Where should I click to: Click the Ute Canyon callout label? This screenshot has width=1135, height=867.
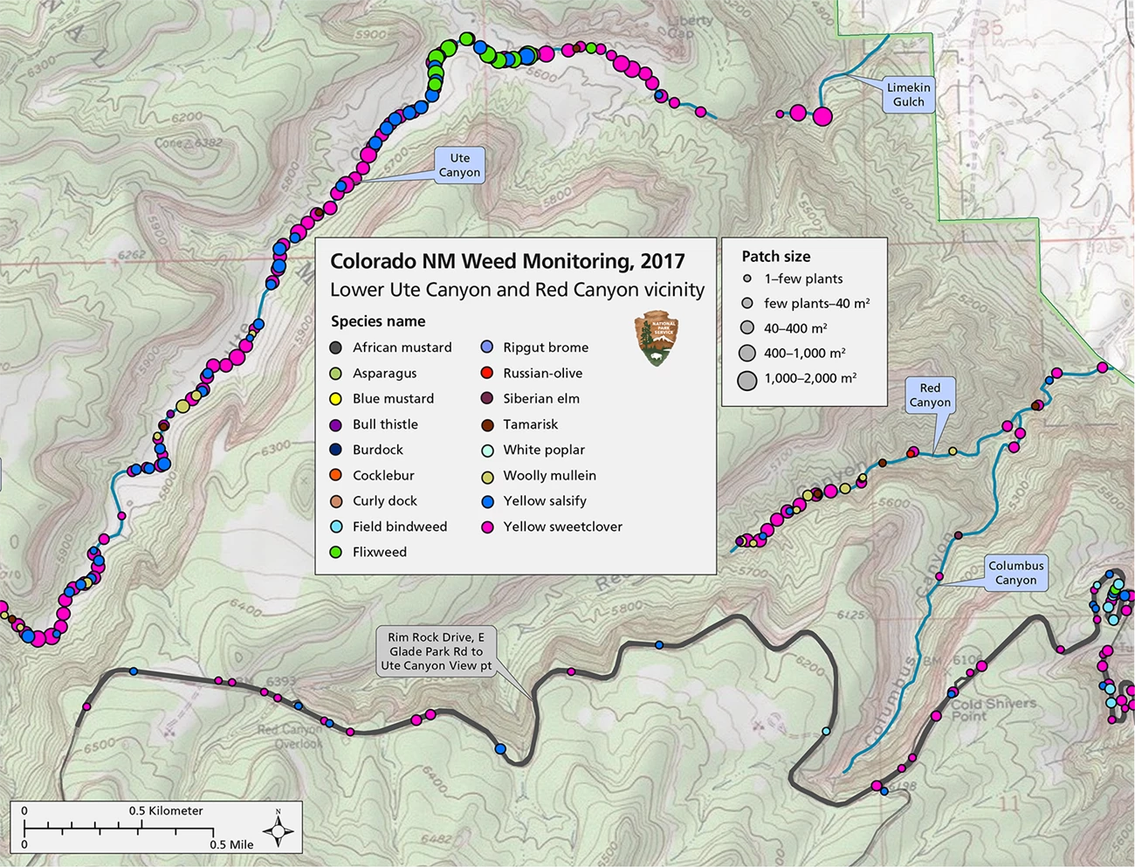(459, 165)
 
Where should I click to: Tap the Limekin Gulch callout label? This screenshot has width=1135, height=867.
(908, 94)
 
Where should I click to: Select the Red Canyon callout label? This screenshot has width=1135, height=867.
(930, 395)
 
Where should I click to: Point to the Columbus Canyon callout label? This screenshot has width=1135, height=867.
(1015, 573)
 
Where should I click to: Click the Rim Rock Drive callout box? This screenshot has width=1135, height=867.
(436, 651)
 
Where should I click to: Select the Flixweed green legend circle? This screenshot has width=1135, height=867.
(336, 553)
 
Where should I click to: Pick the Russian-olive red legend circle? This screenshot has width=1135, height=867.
(487, 374)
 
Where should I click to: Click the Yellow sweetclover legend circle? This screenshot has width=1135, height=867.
(487, 527)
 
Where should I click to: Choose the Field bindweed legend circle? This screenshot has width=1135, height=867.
(336, 527)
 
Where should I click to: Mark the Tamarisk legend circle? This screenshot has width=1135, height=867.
(487, 425)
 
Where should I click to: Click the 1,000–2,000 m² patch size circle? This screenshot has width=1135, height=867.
(746, 379)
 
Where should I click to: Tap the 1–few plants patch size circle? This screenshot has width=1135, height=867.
(746, 279)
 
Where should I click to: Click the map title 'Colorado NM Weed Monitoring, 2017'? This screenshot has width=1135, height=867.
(507, 261)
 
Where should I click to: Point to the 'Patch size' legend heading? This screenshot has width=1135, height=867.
(775, 257)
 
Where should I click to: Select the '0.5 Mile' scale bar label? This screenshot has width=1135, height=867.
(231, 844)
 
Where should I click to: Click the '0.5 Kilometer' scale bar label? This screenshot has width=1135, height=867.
(166, 811)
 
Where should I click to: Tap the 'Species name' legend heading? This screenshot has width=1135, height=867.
(378, 321)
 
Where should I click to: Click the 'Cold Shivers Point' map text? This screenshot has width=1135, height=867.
(993, 709)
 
